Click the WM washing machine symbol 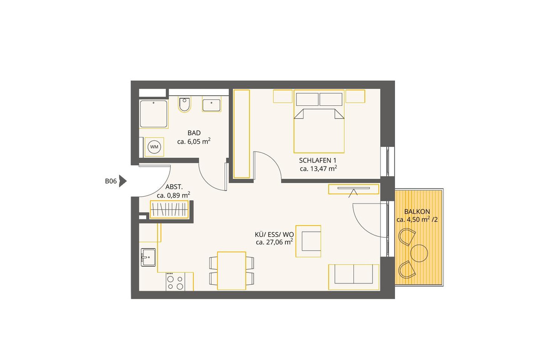click(x=154, y=147)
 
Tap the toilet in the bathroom click(x=184, y=104)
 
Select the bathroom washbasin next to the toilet click(x=211, y=104)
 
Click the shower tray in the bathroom click(x=153, y=114)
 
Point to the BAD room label click(x=194, y=133)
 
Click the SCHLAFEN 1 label click(x=317, y=161)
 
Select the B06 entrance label click(x=111, y=181)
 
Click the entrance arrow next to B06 click(x=122, y=181)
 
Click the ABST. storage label click(x=174, y=187)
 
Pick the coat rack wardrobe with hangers click(x=169, y=209)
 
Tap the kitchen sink click(x=148, y=257)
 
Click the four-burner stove click(x=175, y=282)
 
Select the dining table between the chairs click(x=232, y=271)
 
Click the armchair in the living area click(x=308, y=241)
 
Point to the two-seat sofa click(x=354, y=277)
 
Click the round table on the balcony click(x=419, y=253)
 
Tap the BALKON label click(x=417, y=211)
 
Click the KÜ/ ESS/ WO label click(x=274, y=235)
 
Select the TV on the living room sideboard click(x=354, y=188)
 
